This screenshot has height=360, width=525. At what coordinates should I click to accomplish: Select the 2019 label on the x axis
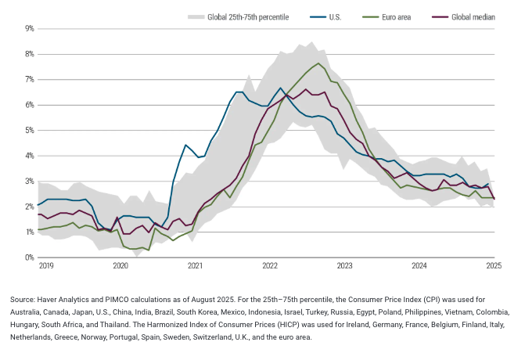click(46, 267)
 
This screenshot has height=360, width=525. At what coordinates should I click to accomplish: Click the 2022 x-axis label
click(270, 267)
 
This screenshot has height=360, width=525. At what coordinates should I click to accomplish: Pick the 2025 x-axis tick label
click(494, 267)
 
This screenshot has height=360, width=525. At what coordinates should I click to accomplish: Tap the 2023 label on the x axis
click(344, 267)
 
